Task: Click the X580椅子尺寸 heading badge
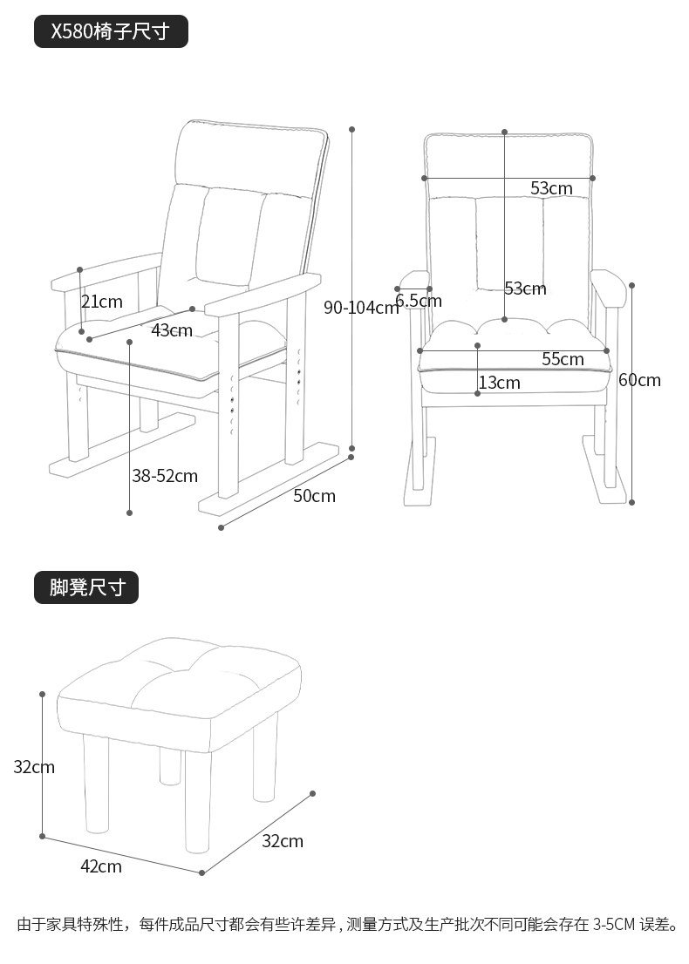[x=111, y=32]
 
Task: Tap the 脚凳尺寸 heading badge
[x=86, y=587]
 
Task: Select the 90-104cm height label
[x=360, y=307]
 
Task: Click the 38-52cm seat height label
[x=165, y=476]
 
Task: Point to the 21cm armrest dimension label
[x=102, y=302]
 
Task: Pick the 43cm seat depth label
[x=172, y=330]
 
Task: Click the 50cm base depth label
[x=314, y=496]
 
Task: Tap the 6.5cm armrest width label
[x=419, y=302]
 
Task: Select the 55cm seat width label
[x=563, y=359]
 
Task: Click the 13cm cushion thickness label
[x=499, y=383]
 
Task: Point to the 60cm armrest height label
[x=640, y=380]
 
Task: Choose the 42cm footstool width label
[x=101, y=866]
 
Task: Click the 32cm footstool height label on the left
[x=34, y=767]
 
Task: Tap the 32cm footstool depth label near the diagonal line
[x=283, y=841]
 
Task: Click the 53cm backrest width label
[x=551, y=188]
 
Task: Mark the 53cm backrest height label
[x=525, y=289]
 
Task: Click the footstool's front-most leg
[x=198, y=802]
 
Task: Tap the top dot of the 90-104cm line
[x=352, y=129]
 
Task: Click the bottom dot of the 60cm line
[x=632, y=502]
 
